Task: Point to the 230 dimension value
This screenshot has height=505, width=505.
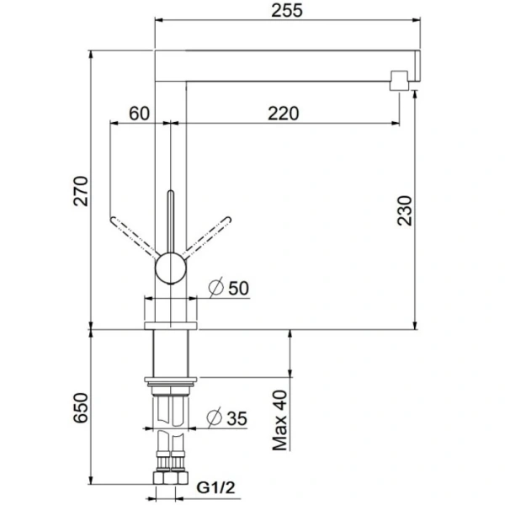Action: [x=404, y=214]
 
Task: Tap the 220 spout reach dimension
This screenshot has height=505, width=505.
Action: [x=285, y=113]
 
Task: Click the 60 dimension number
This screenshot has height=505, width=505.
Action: [x=139, y=113]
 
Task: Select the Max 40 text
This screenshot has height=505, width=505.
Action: [x=280, y=421]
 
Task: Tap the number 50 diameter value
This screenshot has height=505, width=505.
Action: [x=239, y=287]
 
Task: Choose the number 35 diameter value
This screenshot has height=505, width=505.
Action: [x=239, y=417]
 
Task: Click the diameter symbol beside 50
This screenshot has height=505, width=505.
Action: [x=215, y=287]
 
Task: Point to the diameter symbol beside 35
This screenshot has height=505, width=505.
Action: [x=215, y=417]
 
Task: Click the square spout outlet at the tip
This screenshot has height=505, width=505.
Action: [x=398, y=81]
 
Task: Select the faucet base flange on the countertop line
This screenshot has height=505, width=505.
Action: [x=171, y=323]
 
